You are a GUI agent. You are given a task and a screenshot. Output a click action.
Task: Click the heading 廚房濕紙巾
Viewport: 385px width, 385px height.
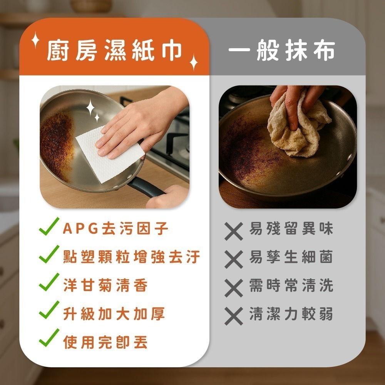tap(114, 50)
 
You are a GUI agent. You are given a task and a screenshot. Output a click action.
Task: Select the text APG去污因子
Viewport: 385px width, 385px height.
tap(115, 228)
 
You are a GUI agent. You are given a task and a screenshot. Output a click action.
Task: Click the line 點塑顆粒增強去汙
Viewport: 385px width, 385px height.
tap(132, 257)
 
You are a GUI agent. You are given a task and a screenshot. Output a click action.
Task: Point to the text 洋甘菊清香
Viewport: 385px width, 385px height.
tap(105, 285)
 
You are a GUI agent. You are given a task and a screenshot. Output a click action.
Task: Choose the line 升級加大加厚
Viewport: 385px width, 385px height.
tap(114, 313)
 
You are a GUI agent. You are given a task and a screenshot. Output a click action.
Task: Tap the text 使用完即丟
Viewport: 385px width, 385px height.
tap(105, 342)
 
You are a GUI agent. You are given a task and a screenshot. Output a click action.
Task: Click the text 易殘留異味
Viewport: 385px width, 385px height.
tap(291, 228)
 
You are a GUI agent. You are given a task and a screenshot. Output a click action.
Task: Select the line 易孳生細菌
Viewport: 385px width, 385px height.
tap(291, 257)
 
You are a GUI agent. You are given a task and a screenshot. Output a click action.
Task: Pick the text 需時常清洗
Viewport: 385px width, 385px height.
tap(291, 285)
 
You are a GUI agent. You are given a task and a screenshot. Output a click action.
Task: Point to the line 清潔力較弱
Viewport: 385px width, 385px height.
tap(291, 313)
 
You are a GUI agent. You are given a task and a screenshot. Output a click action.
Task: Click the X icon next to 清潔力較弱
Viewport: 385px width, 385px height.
tap(234, 316)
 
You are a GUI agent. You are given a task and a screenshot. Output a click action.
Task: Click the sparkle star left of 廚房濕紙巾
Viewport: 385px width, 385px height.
tap(35, 40)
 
